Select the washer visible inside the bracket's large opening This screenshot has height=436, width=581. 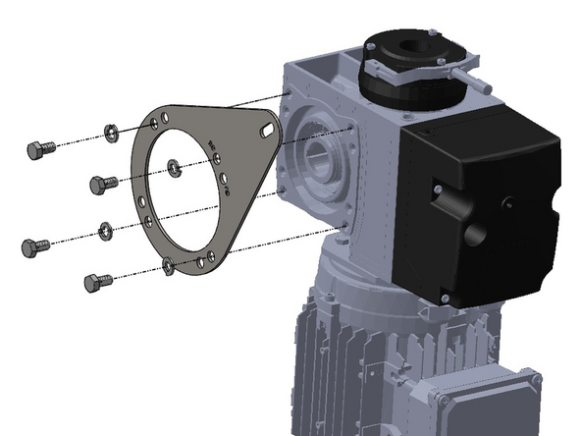[x=173, y=168]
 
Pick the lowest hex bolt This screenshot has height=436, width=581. [x=95, y=283]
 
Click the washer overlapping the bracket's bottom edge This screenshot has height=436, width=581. [x=169, y=264]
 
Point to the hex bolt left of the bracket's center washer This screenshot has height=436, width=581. [x=101, y=184]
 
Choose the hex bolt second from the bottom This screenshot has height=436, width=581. [x=34, y=246]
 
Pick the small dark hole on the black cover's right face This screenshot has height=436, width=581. [x=510, y=203]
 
